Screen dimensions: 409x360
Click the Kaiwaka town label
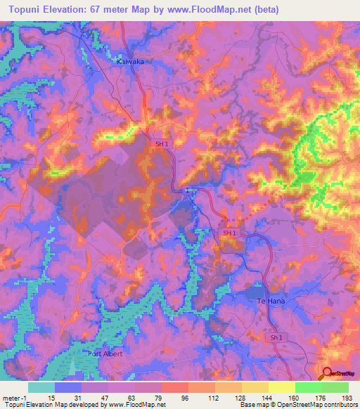click(x=129, y=62)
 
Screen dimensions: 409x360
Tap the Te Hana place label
click(x=271, y=301)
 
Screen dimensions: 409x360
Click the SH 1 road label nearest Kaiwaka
click(x=162, y=143)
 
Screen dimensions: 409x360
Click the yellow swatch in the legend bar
click(x=281, y=387)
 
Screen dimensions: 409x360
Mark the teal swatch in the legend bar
click(x=41, y=387)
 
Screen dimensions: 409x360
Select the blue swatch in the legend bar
click(x=68, y=387)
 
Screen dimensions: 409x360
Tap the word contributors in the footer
click(x=339, y=405)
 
